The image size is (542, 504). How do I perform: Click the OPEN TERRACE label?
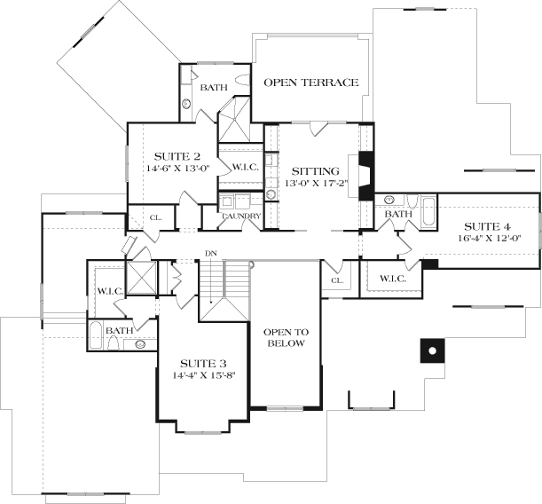(311, 83)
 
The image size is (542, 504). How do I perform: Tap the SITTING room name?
(316, 170)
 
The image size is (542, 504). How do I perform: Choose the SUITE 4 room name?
(486, 224)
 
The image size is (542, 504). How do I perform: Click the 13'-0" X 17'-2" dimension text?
(316, 185)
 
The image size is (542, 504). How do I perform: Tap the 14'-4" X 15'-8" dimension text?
(202, 375)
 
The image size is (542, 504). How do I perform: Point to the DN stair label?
(211, 254)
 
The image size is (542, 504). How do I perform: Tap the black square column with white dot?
(432, 350)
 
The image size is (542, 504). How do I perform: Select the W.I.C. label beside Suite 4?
(392, 279)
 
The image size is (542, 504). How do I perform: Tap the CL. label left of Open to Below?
(336, 280)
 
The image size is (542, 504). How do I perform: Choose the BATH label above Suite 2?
(214, 87)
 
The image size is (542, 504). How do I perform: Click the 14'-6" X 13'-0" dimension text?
(177, 168)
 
